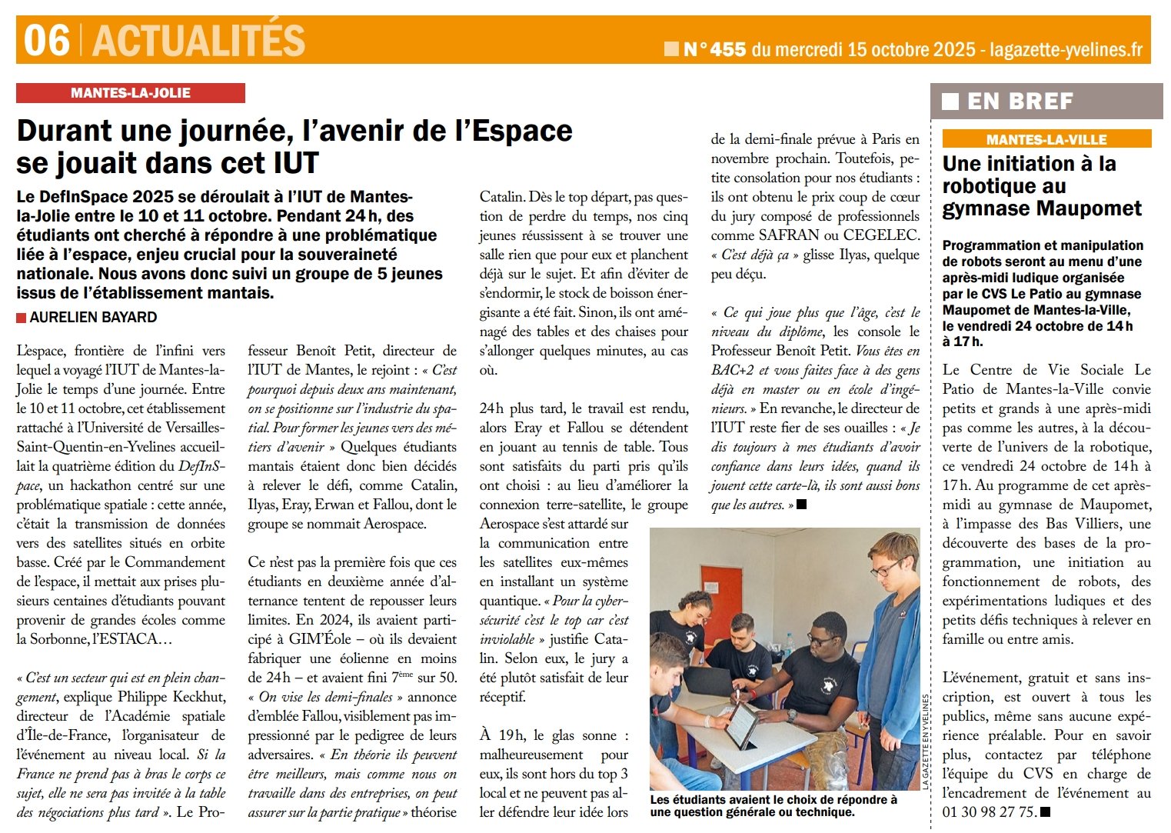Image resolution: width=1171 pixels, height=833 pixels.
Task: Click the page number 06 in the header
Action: click(46, 40)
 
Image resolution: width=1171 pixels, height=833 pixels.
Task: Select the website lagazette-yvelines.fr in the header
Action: click(1066, 50)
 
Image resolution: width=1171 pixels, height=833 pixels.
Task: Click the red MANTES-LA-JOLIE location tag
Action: click(130, 93)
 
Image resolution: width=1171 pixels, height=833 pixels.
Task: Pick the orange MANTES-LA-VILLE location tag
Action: click(1046, 139)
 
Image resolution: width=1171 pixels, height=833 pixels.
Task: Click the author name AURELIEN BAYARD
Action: click(93, 317)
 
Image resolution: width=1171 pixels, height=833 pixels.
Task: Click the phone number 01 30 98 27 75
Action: click(989, 812)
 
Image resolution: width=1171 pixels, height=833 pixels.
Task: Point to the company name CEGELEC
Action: click(880, 235)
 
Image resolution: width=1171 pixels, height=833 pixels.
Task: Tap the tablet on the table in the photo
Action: click(740, 727)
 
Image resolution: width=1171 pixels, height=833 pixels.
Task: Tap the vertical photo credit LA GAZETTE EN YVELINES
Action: click(925, 741)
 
